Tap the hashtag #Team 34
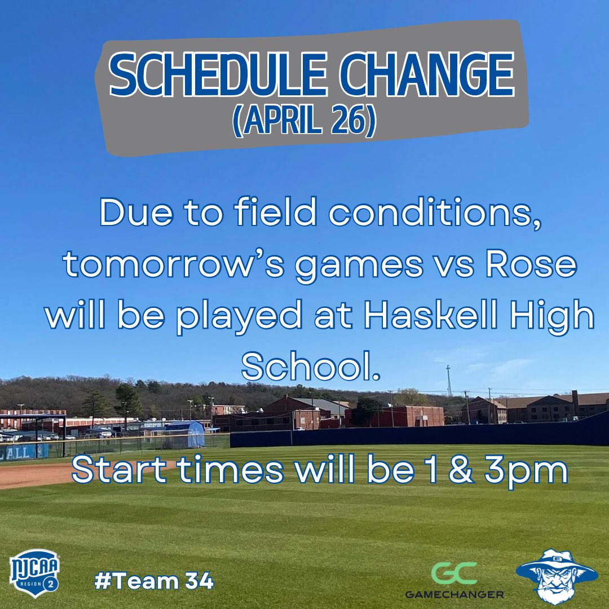[154, 580]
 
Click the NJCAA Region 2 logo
[34, 576]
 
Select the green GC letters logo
[454, 573]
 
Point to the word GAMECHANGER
[454, 593]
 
